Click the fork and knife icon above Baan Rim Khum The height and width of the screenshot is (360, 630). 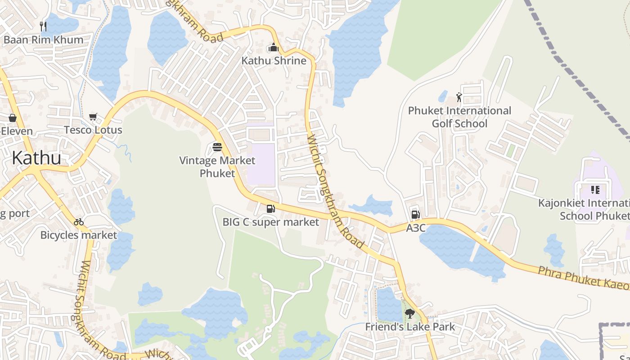43,26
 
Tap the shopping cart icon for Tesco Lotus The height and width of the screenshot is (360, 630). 93,117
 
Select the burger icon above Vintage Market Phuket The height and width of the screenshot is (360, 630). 217,147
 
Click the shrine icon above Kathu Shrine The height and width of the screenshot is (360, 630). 273,47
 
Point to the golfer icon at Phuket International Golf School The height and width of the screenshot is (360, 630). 459,97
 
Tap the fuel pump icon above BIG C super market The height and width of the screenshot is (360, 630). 270,208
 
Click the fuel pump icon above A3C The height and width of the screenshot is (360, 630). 415,215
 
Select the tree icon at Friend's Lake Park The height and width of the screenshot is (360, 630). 409,313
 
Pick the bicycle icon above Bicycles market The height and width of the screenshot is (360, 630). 79,222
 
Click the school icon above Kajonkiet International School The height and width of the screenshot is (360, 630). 595,190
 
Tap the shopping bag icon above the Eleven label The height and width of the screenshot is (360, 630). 13,118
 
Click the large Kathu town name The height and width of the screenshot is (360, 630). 36,158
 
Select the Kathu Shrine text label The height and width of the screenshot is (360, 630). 274,61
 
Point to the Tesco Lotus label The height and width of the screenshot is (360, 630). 93,130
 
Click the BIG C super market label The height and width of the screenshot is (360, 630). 270,222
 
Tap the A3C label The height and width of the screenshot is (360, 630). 415,228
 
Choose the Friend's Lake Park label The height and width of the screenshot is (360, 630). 409,327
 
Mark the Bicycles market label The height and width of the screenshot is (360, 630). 79,235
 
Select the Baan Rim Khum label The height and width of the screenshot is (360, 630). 43,40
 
